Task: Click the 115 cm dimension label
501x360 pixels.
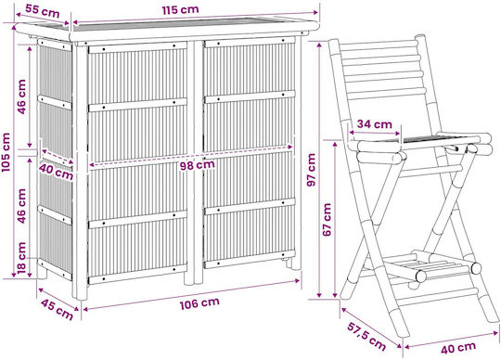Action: point(180,9)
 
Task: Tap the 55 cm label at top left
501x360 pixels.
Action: point(43,11)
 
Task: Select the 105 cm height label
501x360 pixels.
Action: point(6,152)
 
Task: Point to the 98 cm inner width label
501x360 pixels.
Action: point(197,165)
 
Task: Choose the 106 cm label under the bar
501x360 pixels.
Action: point(199,303)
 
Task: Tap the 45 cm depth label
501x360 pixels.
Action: point(58,309)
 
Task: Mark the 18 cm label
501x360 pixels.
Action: point(21,257)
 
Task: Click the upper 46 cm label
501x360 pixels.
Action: point(21,96)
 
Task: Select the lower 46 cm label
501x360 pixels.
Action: point(21,206)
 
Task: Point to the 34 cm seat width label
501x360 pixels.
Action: point(374,124)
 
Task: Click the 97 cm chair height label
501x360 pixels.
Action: point(311,170)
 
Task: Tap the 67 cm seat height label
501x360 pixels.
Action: point(327,220)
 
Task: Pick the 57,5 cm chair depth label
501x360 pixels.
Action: point(366,336)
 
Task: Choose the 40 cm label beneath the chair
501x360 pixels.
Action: point(458,348)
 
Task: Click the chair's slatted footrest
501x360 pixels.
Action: point(422,265)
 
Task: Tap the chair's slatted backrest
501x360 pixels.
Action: point(382,70)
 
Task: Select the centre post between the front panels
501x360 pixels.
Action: point(195,161)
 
